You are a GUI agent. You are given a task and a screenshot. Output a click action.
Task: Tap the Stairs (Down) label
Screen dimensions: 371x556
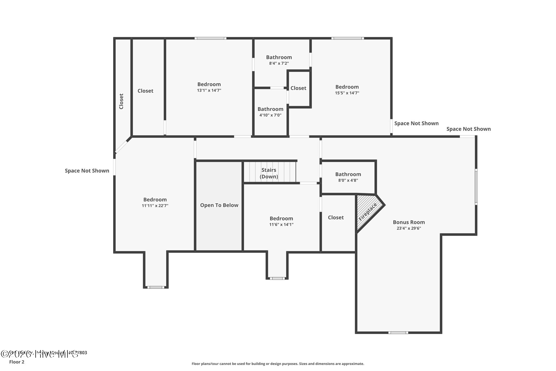(x=269, y=173)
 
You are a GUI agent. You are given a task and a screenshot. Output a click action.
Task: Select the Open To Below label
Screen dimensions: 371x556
(x=219, y=205)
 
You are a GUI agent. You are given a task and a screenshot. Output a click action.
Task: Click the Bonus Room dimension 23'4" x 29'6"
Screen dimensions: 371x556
(x=409, y=228)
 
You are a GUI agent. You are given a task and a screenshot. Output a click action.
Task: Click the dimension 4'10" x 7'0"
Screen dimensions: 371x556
(x=270, y=115)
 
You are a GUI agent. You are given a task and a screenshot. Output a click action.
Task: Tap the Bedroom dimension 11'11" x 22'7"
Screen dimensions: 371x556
(x=155, y=206)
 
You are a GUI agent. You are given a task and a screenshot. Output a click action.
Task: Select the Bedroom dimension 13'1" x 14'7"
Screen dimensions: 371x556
(x=209, y=91)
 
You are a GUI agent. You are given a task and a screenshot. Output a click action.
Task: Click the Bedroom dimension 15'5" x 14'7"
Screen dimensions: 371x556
(x=347, y=93)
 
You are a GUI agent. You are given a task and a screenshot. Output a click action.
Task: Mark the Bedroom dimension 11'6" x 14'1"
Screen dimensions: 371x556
(x=281, y=225)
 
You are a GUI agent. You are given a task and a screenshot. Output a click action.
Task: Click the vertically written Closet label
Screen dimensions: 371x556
(x=121, y=101)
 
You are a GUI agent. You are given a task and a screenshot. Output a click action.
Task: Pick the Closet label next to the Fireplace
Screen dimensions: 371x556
(x=336, y=217)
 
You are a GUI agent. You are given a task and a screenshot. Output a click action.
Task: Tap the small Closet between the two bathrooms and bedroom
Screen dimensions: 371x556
(x=298, y=88)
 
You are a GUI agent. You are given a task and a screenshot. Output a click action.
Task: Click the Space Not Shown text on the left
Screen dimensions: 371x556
(x=87, y=171)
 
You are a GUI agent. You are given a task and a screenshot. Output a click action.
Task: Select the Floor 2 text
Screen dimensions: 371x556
(x=17, y=362)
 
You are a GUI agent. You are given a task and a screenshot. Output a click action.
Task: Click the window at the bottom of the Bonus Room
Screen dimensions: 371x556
(x=398, y=332)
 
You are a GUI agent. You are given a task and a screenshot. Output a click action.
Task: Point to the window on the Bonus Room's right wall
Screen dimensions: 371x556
(x=476, y=186)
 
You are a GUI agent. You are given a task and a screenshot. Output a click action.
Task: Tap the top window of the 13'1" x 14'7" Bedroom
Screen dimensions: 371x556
(x=210, y=38)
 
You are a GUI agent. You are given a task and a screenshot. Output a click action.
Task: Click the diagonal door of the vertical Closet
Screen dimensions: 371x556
(x=121, y=147)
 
